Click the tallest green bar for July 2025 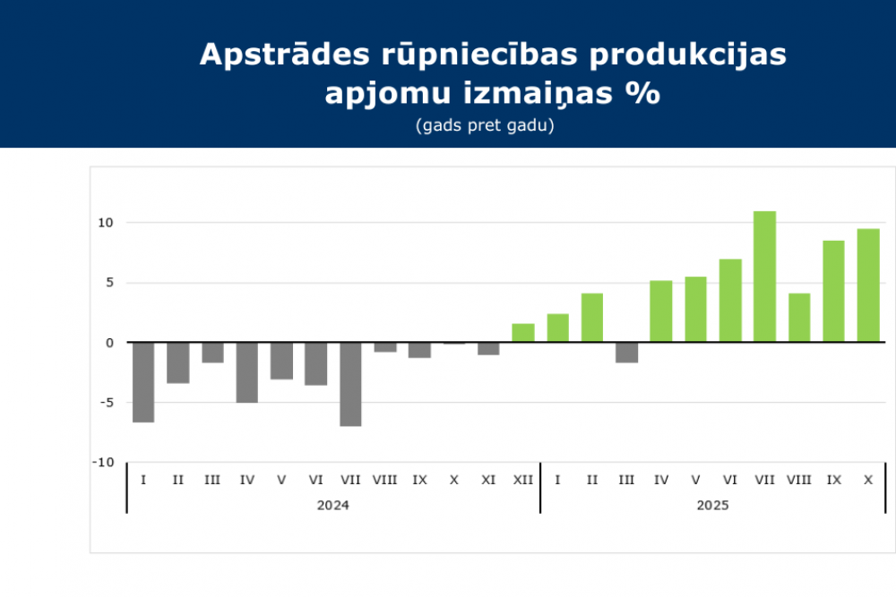764,277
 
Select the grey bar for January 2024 143,382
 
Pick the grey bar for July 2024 350,384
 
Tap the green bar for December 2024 523,333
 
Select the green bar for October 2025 868,286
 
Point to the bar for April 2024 247,372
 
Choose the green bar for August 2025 799,318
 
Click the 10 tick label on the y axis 106,223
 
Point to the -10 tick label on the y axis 104,462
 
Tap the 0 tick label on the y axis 109,343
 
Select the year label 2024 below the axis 332,505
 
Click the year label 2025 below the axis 712,505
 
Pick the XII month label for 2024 523,481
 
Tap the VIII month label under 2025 799,481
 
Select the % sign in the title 645,93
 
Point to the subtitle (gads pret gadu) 485,125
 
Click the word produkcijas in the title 689,55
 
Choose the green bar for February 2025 592,318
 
